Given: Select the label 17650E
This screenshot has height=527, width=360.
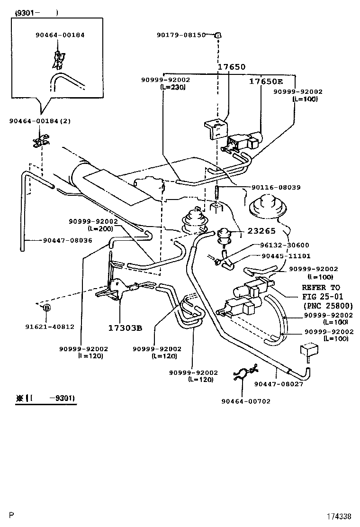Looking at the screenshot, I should [266, 82].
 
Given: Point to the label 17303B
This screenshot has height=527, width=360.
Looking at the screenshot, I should [125, 328].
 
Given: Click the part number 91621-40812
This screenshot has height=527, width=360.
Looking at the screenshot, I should [50, 327].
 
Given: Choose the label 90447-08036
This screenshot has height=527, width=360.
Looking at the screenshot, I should [67, 240].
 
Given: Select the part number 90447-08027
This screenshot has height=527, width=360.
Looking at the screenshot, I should [279, 384].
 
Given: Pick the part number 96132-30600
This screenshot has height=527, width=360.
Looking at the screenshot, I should [284, 245].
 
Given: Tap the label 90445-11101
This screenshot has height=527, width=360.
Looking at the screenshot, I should [286, 256].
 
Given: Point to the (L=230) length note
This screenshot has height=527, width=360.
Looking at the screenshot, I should [173, 87].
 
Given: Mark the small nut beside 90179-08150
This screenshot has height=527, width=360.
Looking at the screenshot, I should [218, 35].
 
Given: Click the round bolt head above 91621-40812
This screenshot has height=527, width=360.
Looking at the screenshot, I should [47, 309].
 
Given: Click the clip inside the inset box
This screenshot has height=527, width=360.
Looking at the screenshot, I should [59, 59].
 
